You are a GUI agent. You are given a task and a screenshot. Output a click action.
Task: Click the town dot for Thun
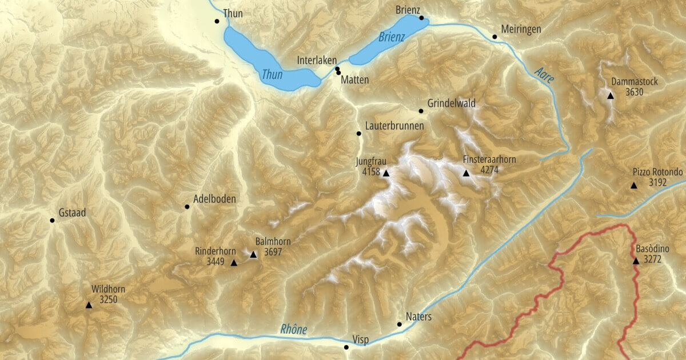(x=217, y=21)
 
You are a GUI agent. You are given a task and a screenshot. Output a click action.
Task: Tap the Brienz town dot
(x=421, y=18)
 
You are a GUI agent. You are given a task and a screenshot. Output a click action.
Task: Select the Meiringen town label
(x=520, y=29)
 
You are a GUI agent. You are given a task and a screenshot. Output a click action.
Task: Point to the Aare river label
(x=544, y=75)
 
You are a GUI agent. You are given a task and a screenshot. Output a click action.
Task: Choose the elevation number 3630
(x=635, y=92)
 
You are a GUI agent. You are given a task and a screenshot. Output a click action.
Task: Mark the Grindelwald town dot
(x=421, y=111)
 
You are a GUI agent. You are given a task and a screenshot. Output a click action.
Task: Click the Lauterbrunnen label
(x=394, y=126)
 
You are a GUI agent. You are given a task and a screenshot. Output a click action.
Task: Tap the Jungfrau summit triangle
(x=386, y=173)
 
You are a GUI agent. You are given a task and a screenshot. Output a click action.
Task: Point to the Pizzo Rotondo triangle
(x=633, y=186)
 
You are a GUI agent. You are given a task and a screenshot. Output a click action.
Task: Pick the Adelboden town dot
(x=187, y=207)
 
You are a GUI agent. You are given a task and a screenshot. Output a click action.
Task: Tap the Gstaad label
(x=71, y=213)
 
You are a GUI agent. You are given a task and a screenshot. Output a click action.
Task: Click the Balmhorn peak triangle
(x=254, y=254)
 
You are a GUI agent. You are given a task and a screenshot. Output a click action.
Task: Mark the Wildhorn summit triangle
(x=89, y=305)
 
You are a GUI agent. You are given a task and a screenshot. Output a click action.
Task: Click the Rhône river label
(x=294, y=330)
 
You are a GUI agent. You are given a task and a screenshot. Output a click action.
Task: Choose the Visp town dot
(x=346, y=347)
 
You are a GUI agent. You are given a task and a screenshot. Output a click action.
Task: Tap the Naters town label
(x=418, y=317)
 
